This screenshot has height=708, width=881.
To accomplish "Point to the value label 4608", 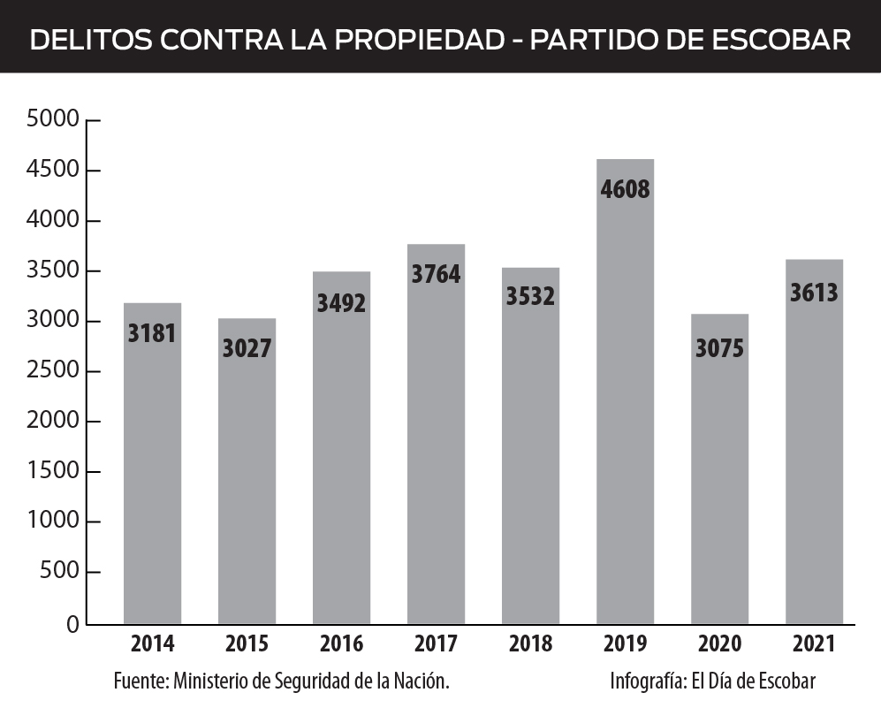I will point(625,189).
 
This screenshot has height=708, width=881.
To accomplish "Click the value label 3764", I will point(436,274).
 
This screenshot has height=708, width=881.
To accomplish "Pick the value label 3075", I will point(719,348).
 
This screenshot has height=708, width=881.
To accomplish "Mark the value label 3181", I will point(152,333).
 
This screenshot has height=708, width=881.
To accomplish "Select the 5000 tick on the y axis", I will point(54,119).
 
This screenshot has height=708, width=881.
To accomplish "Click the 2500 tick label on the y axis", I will point(54,371).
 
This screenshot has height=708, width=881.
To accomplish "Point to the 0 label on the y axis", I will point(72,624).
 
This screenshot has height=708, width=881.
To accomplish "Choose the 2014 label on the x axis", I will point(152,644).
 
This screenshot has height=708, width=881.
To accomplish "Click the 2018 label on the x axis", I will point(530,644).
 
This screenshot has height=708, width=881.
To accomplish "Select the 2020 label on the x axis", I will point(719,644).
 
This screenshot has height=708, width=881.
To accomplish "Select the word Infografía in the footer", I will point(648,681).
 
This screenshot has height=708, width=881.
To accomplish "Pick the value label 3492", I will point(341,303).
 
